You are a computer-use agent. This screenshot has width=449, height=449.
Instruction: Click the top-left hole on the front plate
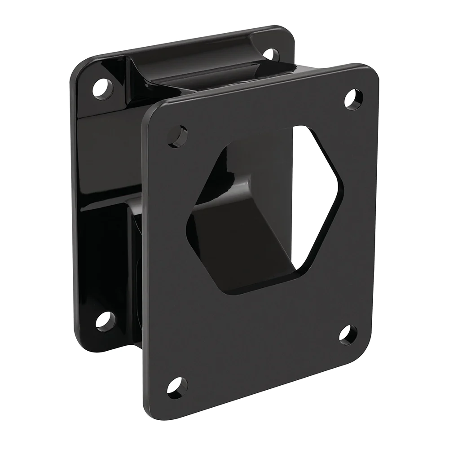coord(179,135)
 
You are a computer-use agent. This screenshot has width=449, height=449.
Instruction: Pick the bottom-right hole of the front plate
coord(348,335)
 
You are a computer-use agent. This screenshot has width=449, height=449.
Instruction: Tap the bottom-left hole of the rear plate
coord(104,319)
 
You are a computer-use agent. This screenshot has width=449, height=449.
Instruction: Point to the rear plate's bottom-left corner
coord(81,335)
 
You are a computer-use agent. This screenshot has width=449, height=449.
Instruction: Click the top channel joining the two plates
coord(198,72)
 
